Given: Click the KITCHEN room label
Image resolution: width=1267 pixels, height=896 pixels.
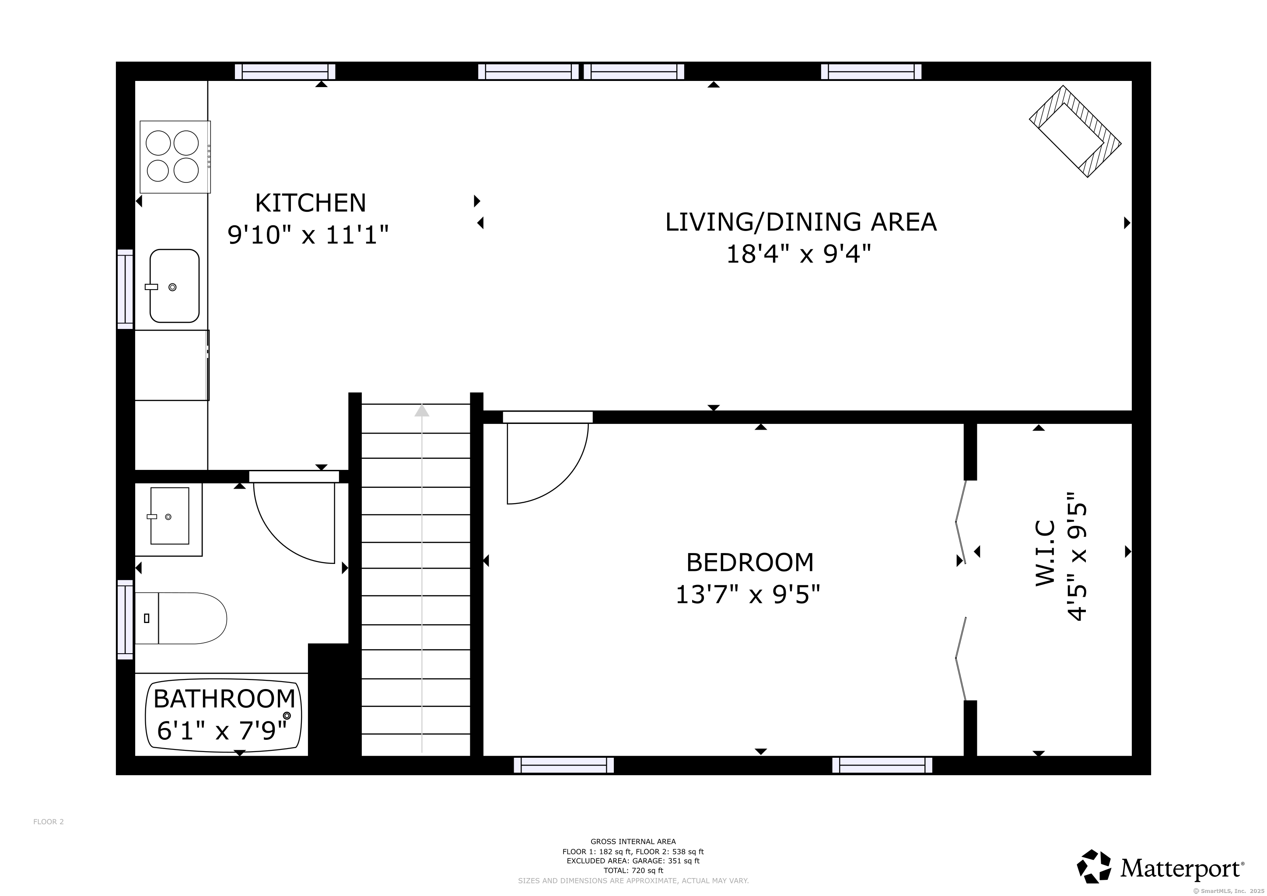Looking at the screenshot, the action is pyautogui.click(x=310, y=203).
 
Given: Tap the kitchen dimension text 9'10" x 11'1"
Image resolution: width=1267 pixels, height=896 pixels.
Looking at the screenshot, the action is pyautogui.click(x=308, y=235).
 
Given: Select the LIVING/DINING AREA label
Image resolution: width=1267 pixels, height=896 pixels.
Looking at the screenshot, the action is pyautogui.click(x=801, y=222).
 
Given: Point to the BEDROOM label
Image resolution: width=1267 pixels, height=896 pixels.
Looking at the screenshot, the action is pyautogui.click(x=750, y=562).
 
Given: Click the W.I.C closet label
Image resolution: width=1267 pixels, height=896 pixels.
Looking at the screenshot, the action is pyautogui.click(x=1045, y=553).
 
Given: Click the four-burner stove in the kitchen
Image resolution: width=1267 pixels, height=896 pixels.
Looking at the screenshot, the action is pyautogui.click(x=175, y=157).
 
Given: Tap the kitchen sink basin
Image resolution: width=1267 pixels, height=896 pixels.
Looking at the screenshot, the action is pyautogui.click(x=175, y=286).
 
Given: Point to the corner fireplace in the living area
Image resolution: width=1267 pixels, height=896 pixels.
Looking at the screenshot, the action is pyautogui.click(x=1075, y=131).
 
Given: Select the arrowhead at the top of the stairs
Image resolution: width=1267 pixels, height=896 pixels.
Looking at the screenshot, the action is pyautogui.click(x=422, y=410).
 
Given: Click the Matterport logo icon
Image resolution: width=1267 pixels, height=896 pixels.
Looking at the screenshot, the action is pyautogui.click(x=1094, y=866).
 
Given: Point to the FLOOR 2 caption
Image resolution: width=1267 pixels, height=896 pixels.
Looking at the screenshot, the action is pyautogui.click(x=49, y=822).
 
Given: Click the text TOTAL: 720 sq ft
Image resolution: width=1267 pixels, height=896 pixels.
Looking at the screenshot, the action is pyautogui.click(x=633, y=871).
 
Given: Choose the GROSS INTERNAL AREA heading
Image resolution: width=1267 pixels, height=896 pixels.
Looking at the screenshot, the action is pyautogui.click(x=633, y=841).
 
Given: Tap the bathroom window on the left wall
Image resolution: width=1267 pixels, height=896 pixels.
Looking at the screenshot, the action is pyautogui.click(x=125, y=619).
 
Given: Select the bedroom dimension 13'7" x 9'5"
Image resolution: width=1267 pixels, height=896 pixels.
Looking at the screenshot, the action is pyautogui.click(x=748, y=595).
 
